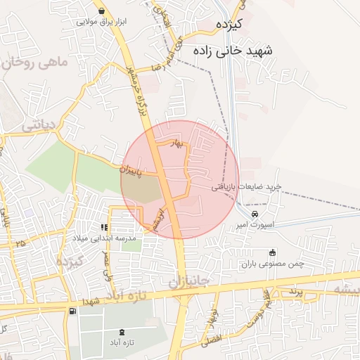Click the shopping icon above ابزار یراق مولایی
click(x=103, y=11)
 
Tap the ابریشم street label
click(x=159, y=219)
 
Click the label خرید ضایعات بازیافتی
click(x=248, y=186)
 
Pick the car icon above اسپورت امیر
click(x=255, y=214)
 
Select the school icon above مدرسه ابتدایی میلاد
click(x=103, y=227)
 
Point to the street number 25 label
click(x=18, y=243)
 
